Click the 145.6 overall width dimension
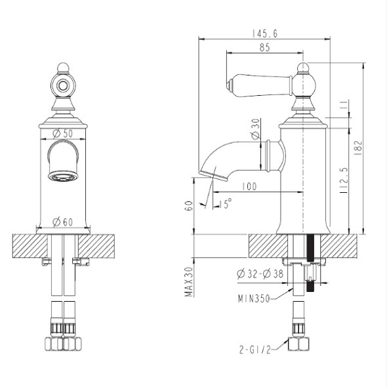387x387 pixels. tap(264, 33)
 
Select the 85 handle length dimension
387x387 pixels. tap(265, 47)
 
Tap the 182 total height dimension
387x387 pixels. tap(358, 148)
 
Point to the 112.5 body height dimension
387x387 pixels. tap(344, 180)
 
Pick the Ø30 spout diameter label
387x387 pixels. tap(256, 129)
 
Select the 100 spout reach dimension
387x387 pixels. tap(249, 186)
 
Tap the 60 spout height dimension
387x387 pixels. tap(189, 205)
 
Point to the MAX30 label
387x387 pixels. tap(189, 281)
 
